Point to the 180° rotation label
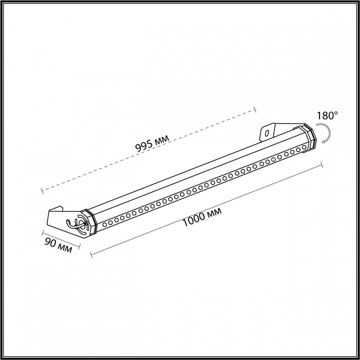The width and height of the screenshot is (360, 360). click(327, 116)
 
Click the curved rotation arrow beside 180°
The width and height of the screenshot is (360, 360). click(325, 134)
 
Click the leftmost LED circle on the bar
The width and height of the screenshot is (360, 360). click(105, 225)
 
